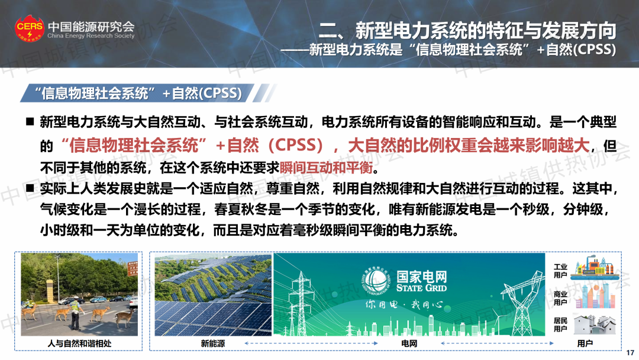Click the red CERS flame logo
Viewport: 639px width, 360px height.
click(x=30, y=28)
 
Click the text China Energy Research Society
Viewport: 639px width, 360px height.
click(x=91, y=36)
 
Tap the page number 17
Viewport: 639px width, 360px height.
click(x=631, y=353)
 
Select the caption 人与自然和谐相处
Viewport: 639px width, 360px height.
click(x=79, y=343)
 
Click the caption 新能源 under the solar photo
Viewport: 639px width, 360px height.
click(x=213, y=343)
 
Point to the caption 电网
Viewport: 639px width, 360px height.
click(x=409, y=343)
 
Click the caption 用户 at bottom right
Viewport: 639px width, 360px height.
click(x=585, y=343)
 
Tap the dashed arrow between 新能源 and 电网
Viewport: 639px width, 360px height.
click(x=311, y=343)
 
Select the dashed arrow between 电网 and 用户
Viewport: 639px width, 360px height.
click(x=497, y=343)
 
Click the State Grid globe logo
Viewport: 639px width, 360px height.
click(x=376, y=281)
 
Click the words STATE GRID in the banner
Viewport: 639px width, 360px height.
click(x=421, y=288)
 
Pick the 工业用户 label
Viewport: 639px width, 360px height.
click(x=560, y=271)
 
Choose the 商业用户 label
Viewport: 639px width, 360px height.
click(x=560, y=298)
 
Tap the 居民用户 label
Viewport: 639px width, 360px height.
click(x=560, y=324)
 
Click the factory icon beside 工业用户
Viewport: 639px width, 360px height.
click(x=594, y=267)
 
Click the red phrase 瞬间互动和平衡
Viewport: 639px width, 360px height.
click(x=326, y=167)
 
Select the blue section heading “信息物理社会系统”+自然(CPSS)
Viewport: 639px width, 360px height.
click(x=138, y=94)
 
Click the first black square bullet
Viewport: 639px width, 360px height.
click(x=30, y=121)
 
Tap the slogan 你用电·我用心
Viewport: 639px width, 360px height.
click(x=404, y=304)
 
